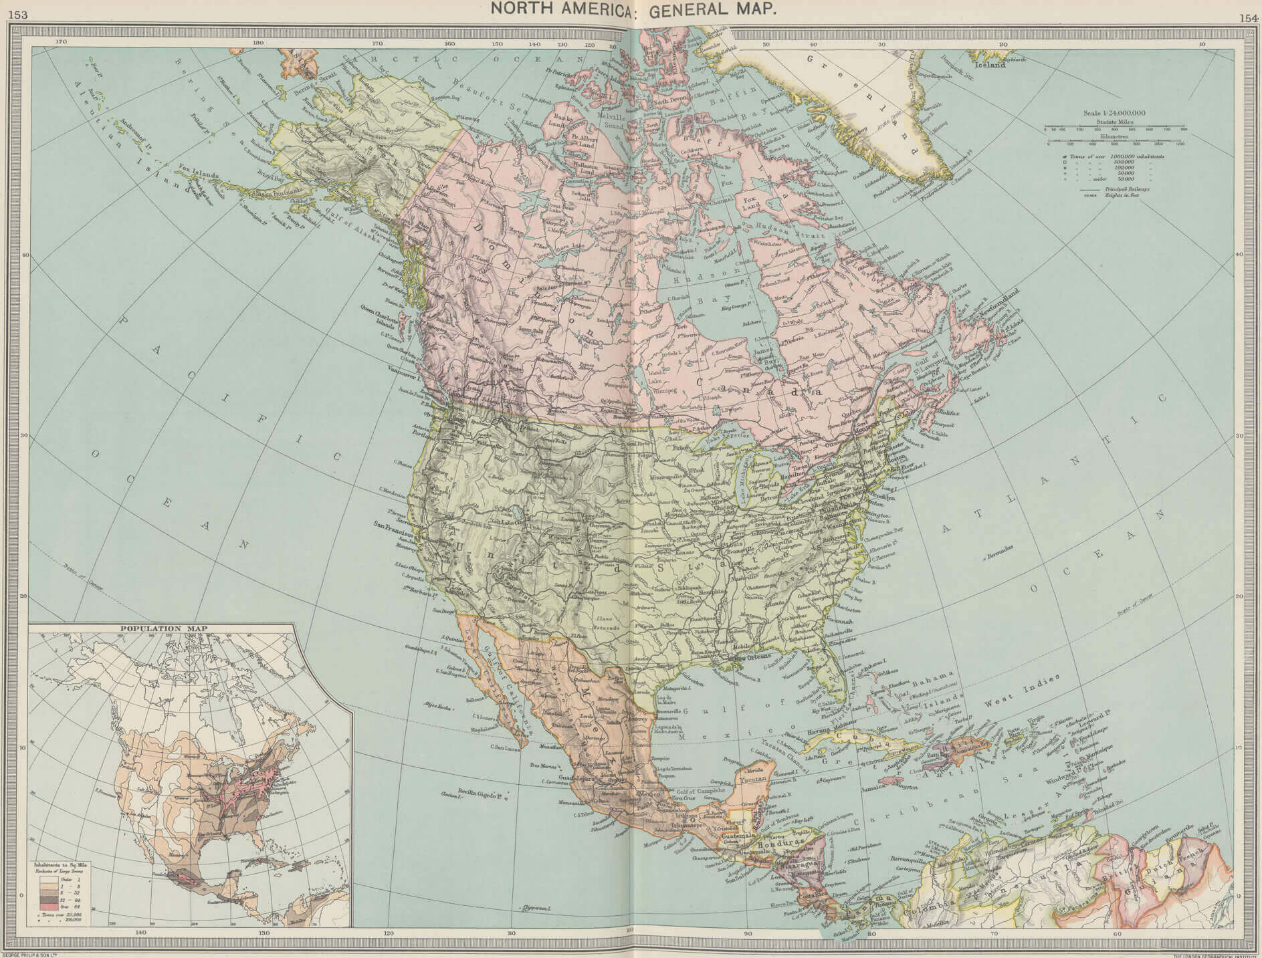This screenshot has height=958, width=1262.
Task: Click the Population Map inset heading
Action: coord(163,628)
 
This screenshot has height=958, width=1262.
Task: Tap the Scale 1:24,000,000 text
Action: coord(1114,113)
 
